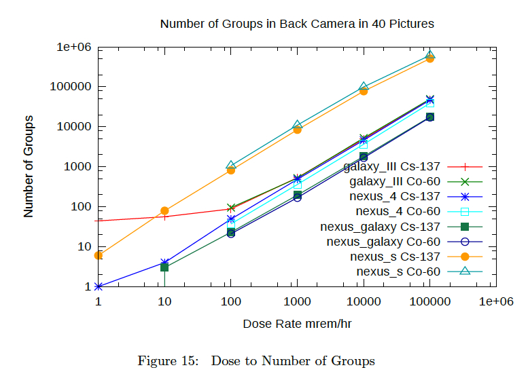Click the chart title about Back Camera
pyautogui.click(x=297, y=24)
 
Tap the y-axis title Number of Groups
pyautogui.click(x=29, y=166)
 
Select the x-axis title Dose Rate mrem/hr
pyautogui.click(x=297, y=324)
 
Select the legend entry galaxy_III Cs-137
pyautogui.click(x=392, y=166)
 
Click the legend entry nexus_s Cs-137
pyautogui.click(x=395, y=257)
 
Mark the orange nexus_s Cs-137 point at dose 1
pyautogui.click(x=99, y=255)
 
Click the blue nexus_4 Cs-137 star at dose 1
pyautogui.click(x=99, y=286)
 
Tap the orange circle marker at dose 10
pyautogui.click(x=164, y=211)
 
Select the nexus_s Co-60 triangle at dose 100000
pyautogui.click(x=429, y=54)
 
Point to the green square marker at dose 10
pyautogui.click(x=164, y=267)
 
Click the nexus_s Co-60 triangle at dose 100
pyautogui.click(x=231, y=165)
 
